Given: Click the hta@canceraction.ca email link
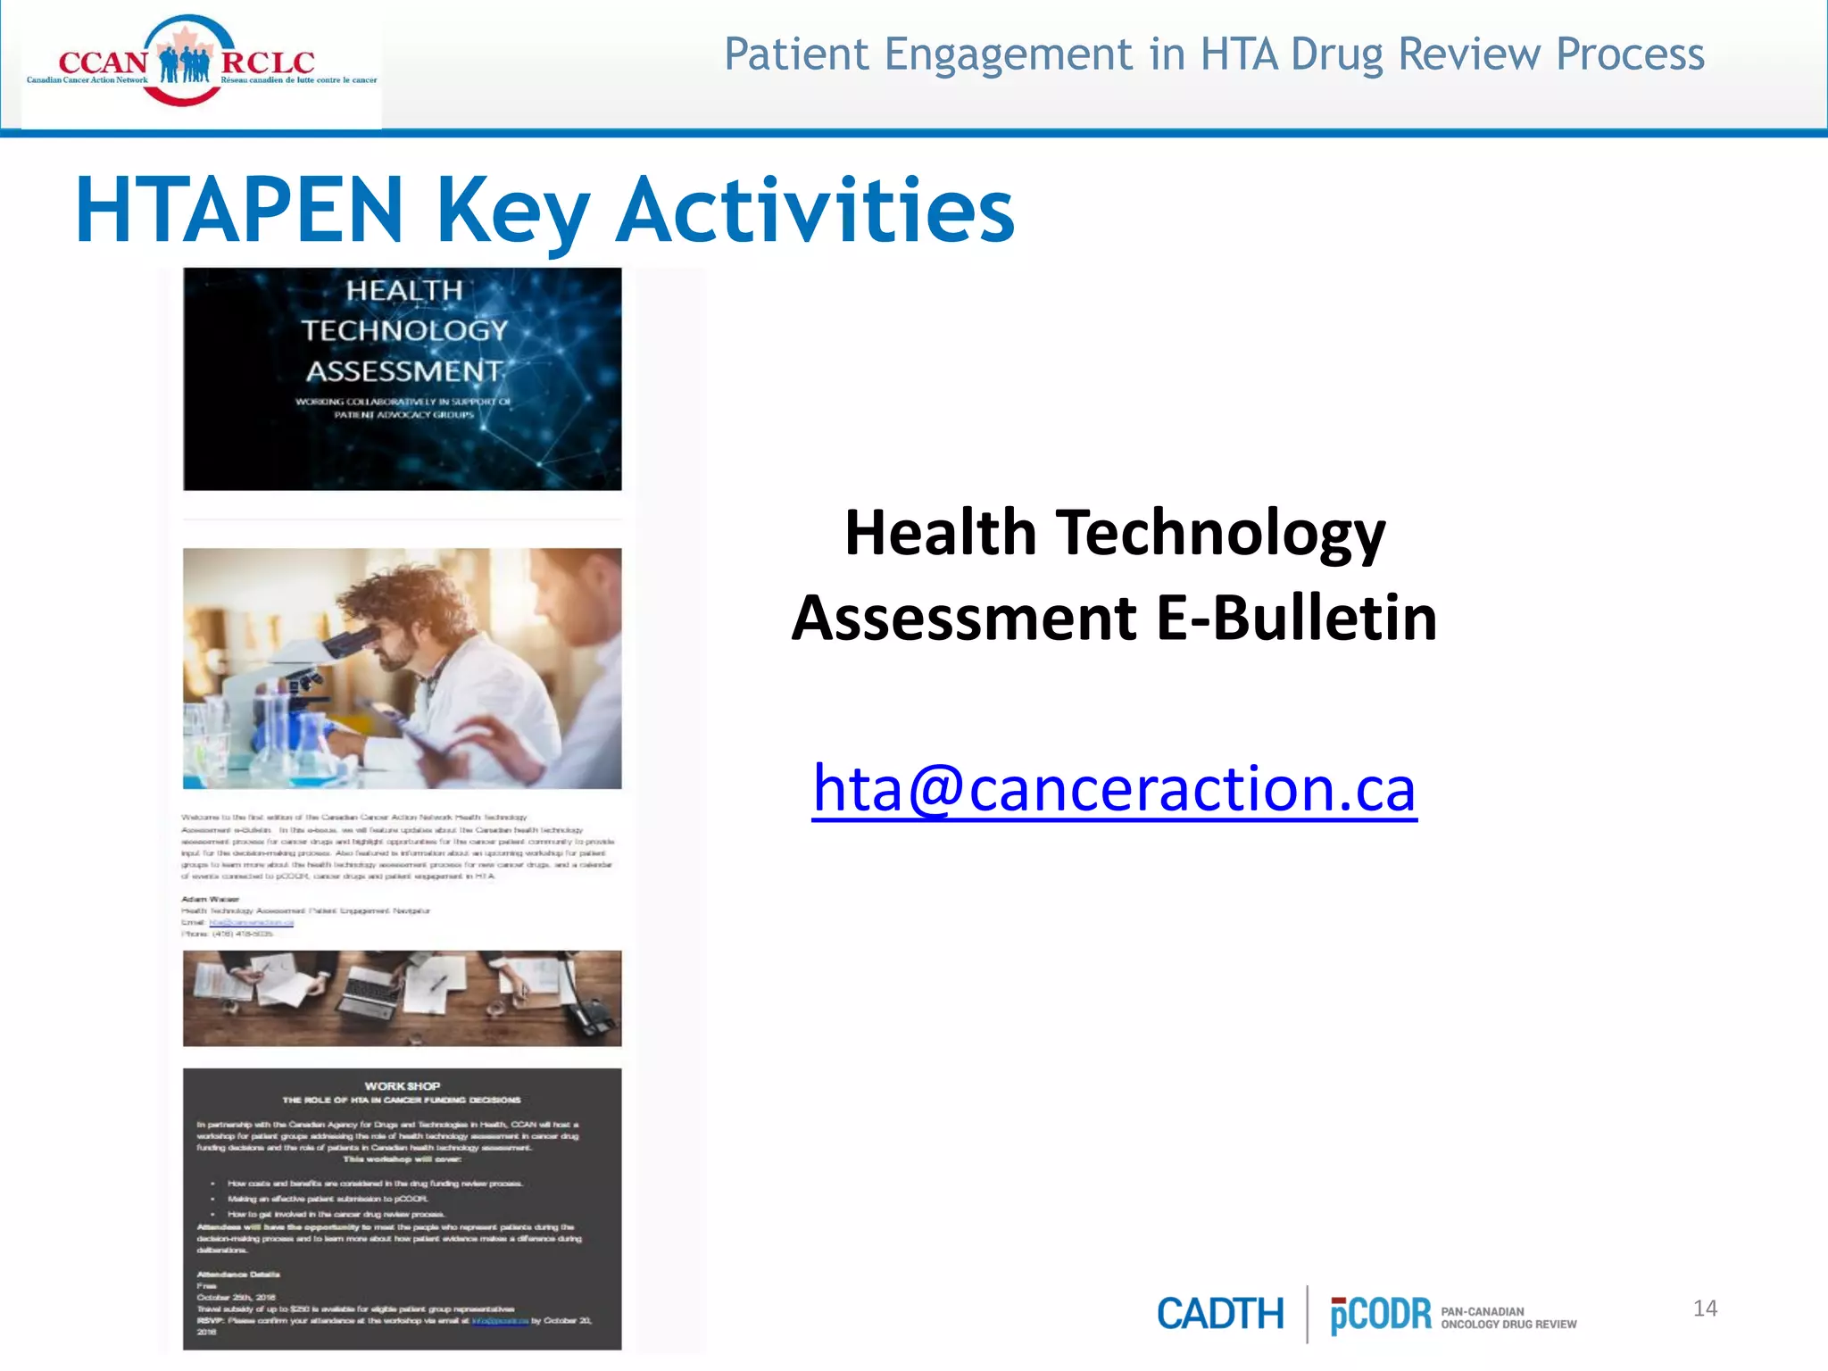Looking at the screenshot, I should pyautogui.click(x=1114, y=789).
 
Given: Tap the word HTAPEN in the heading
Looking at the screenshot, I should pyautogui.click(x=239, y=211).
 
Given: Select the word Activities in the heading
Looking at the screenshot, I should pyautogui.click(x=816, y=211).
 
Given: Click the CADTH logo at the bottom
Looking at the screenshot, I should pyautogui.click(x=1220, y=1314).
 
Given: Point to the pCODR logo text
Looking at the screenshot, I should pyautogui.click(x=1380, y=1315).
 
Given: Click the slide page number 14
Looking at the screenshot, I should pyautogui.click(x=1705, y=1309).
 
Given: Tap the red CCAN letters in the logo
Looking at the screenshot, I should pyautogui.click(x=103, y=62).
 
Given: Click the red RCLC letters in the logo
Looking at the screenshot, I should pyautogui.click(x=268, y=62).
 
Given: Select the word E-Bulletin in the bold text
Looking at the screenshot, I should pyautogui.click(x=1297, y=618).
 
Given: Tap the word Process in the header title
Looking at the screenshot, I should pyautogui.click(x=1630, y=54).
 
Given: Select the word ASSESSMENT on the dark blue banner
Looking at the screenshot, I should pyautogui.click(x=403, y=370).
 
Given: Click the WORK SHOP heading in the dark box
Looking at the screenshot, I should pyautogui.click(x=403, y=1086).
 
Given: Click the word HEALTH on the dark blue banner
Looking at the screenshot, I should pyautogui.click(x=404, y=291).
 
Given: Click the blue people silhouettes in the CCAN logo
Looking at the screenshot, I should pyautogui.click(x=185, y=64).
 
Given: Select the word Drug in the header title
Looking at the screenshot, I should pyautogui.click(x=1339, y=54).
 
